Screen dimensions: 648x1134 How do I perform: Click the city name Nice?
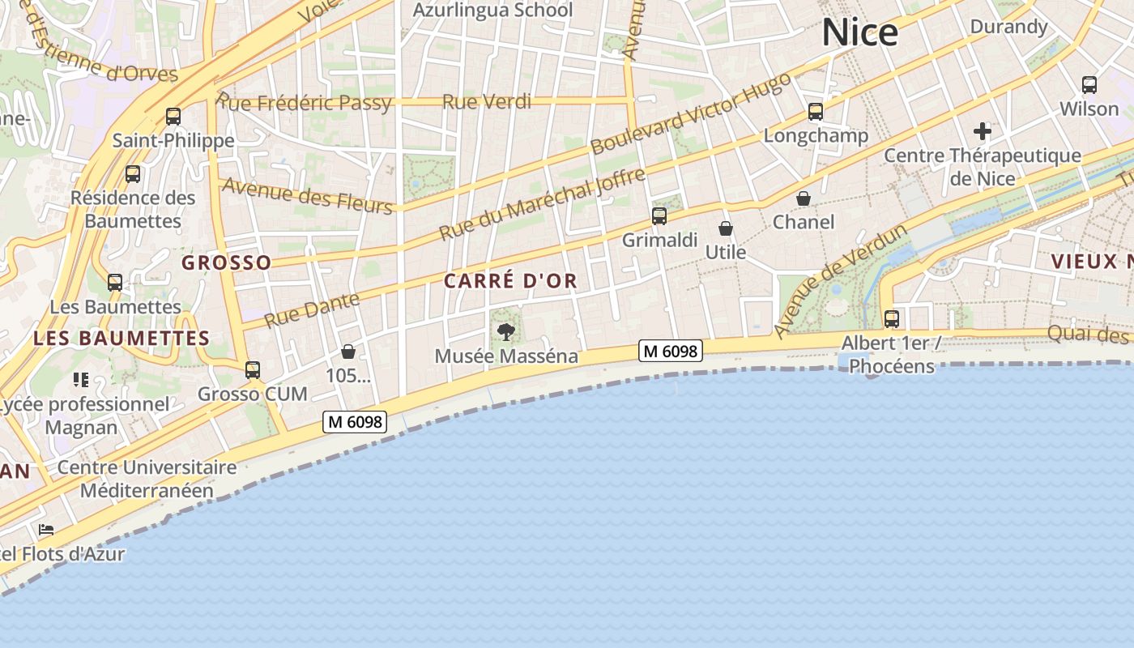860,32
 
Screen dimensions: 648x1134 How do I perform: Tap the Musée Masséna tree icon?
506,331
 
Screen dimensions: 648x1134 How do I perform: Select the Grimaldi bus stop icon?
659,216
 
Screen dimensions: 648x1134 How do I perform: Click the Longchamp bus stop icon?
816,112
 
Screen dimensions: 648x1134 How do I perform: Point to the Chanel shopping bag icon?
804,198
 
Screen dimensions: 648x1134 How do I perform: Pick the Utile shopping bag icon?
726,229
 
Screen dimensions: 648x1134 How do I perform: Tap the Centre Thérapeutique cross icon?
983,131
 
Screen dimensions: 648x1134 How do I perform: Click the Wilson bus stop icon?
1089,84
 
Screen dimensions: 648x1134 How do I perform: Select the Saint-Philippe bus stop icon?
173,117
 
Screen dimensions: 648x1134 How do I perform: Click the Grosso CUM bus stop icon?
253,370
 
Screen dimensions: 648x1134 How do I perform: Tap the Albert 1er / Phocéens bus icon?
892,319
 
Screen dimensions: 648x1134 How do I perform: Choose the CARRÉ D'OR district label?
510,281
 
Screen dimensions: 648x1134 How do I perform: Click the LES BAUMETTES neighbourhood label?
122,339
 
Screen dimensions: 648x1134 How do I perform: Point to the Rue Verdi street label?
487,102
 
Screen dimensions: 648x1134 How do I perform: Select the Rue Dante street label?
312,309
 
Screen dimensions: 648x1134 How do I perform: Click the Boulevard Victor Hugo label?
690,113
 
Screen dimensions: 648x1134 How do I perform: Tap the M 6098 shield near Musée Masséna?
670,351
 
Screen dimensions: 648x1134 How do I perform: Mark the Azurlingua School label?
492,11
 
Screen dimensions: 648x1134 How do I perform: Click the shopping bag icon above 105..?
348,352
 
